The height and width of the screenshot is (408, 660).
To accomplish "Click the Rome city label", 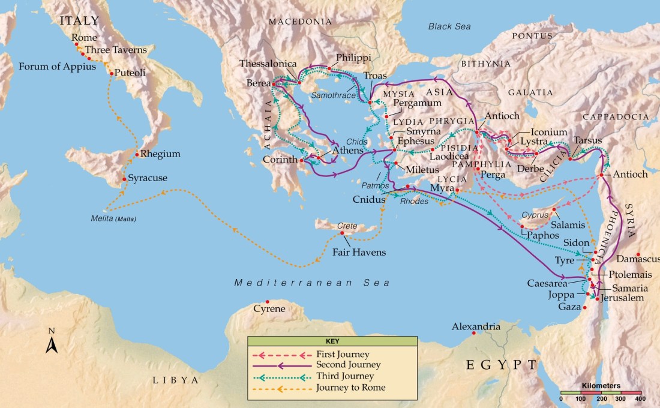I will coord(84,38).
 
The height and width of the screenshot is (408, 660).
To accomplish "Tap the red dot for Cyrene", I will coord(268,302).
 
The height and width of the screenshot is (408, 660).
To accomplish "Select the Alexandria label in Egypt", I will coord(476,327).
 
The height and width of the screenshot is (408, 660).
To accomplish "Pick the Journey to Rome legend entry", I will coord(350,387).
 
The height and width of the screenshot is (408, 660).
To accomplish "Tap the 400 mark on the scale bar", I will coord(640,398).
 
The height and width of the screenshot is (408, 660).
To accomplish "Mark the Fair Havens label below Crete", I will coord(359,253).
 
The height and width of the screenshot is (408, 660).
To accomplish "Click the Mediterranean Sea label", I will coord(311,283).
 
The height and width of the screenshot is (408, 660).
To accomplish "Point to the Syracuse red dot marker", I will coord(124,179).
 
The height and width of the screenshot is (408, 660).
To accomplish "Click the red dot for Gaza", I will coord(585,307).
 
